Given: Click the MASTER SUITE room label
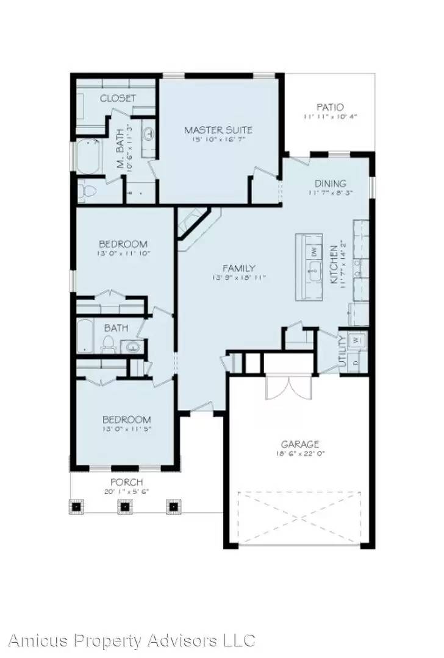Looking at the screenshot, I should point(218,130).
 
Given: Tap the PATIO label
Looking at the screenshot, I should point(329,107).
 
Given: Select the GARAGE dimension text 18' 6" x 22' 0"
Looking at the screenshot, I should point(299,454).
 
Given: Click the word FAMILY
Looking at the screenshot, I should point(238,268).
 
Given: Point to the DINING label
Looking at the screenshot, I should point(330,183).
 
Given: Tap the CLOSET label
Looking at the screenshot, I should point(118,98).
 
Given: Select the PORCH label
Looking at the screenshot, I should point(127,482).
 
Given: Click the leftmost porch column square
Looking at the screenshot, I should point(77,506).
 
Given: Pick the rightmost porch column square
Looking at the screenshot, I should point(174,506).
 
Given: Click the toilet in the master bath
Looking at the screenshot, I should point(87,191).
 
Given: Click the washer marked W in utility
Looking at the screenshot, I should point(357,339).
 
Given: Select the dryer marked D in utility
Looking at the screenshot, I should point(357,358).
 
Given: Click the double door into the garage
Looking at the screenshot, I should point(288,385).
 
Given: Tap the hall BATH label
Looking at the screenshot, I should point(115,328).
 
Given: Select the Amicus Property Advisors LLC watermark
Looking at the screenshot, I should point(131,640).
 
